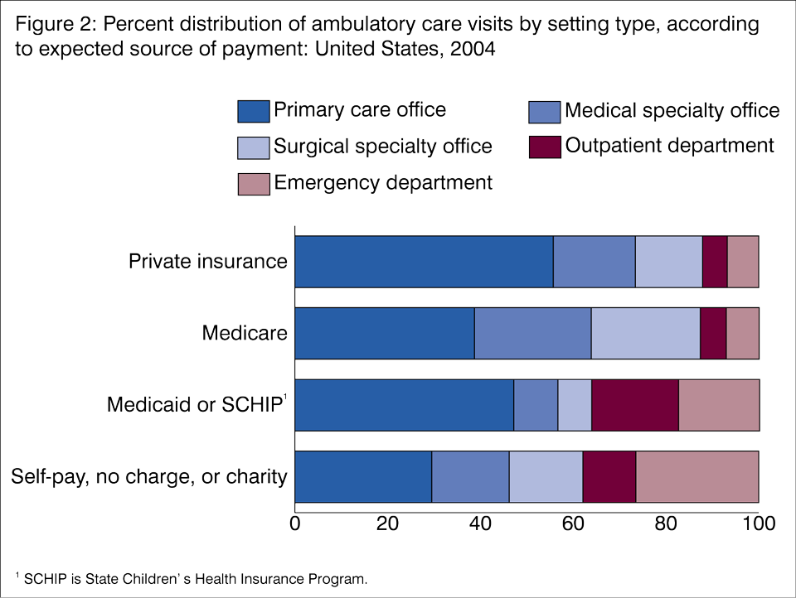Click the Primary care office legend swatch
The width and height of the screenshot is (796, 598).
click(253, 111)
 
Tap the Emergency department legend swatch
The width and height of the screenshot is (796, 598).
click(253, 184)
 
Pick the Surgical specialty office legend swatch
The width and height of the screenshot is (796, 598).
click(253, 147)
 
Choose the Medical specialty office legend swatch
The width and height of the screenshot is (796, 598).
click(544, 111)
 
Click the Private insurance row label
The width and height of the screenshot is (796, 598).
click(207, 262)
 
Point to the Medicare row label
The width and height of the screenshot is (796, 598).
click(245, 333)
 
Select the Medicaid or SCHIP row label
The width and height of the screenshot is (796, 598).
click(196, 405)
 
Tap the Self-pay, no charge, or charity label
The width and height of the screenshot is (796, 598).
click(149, 477)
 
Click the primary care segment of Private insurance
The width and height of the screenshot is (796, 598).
click(424, 262)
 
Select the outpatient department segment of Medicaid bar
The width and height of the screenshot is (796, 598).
click(634, 405)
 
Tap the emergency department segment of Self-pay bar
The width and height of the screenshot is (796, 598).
click(696, 477)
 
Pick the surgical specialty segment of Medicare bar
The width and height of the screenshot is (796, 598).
click(645, 333)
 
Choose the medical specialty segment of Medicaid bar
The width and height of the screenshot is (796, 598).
click(536, 405)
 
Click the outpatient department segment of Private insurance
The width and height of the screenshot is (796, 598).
click(715, 262)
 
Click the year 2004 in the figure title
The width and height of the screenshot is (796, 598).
click(473, 50)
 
